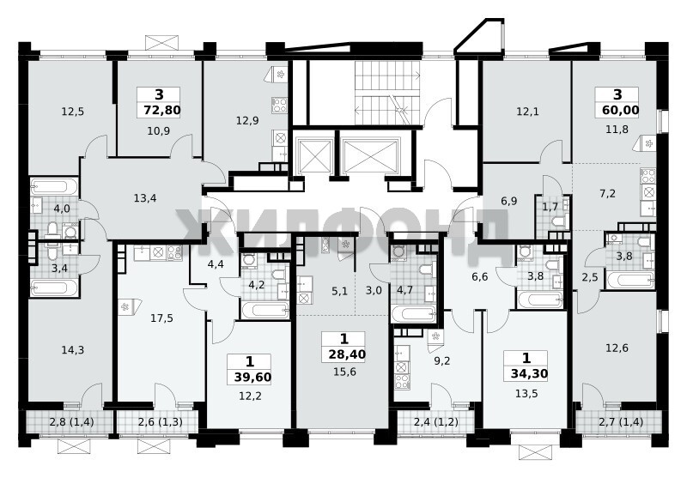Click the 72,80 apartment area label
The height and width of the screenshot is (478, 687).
[x=162, y=111]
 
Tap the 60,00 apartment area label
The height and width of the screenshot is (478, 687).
[x=620, y=110]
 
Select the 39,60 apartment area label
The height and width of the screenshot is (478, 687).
[x=252, y=378]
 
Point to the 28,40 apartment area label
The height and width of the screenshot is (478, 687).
[x=347, y=354]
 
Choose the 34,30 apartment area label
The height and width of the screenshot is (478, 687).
[x=529, y=374]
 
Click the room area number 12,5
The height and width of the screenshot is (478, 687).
[x=72, y=112]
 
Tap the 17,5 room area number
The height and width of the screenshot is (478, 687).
[x=161, y=318]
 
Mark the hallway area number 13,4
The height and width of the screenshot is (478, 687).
[x=145, y=198]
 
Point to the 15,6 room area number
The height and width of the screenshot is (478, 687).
[x=344, y=372]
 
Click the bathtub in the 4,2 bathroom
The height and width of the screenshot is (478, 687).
[x=265, y=310]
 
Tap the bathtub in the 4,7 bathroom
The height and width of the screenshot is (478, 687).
[x=414, y=314]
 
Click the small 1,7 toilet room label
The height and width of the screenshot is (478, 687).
[x=550, y=207]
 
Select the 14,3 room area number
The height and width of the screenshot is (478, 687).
[x=73, y=350]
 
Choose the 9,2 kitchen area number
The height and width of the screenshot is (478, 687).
[x=441, y=361]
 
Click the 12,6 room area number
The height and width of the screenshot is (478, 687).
[x=617, y=348]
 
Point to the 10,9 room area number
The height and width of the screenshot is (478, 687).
[x=159, y=131]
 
